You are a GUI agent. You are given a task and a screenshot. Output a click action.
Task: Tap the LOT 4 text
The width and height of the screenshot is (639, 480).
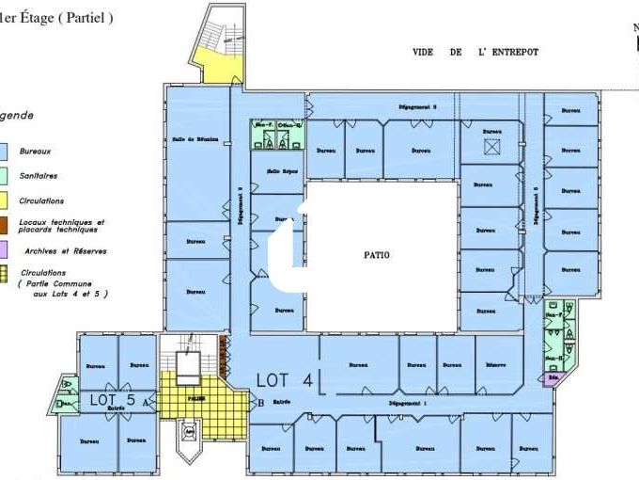285,380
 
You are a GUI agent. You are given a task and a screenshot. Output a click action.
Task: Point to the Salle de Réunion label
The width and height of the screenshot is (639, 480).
195,139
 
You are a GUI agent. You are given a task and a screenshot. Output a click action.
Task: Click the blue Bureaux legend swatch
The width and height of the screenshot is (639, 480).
5,151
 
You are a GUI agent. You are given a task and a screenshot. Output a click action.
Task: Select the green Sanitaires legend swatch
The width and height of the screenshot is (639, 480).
5,175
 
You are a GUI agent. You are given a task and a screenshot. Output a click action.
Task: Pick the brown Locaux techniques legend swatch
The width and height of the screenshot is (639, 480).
5,224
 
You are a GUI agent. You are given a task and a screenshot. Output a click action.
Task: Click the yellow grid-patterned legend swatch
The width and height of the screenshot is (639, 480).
5,275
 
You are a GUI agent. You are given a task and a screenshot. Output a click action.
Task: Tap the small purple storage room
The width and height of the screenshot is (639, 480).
552,380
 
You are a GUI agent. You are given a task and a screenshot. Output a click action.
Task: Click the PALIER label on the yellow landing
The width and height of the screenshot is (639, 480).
196,397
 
